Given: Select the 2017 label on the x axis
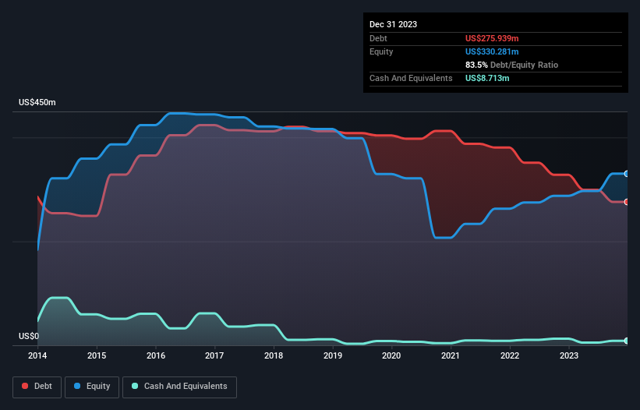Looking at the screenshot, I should [x=214, y=355].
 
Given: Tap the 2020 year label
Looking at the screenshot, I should [x=391, y=355].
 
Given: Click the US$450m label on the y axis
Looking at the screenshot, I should [x=37, y=103].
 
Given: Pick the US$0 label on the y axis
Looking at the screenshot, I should [x=28, y=337].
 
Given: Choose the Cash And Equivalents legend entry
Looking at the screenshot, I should [x=179, y=387].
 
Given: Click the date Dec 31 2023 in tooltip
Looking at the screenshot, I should [x=394, y=24].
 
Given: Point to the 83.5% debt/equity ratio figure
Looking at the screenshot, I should [x=476, y=65].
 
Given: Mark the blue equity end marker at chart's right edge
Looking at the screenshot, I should [x=627, y=174].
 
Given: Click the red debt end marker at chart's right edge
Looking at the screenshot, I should [x=627, y=202].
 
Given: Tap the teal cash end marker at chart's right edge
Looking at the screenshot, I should [x=627, y=341].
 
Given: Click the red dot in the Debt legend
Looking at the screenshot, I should [x=25, y=387].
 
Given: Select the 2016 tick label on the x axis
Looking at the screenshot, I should [x=156, y=355].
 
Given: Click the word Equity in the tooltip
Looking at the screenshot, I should [x=382, y=51].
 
